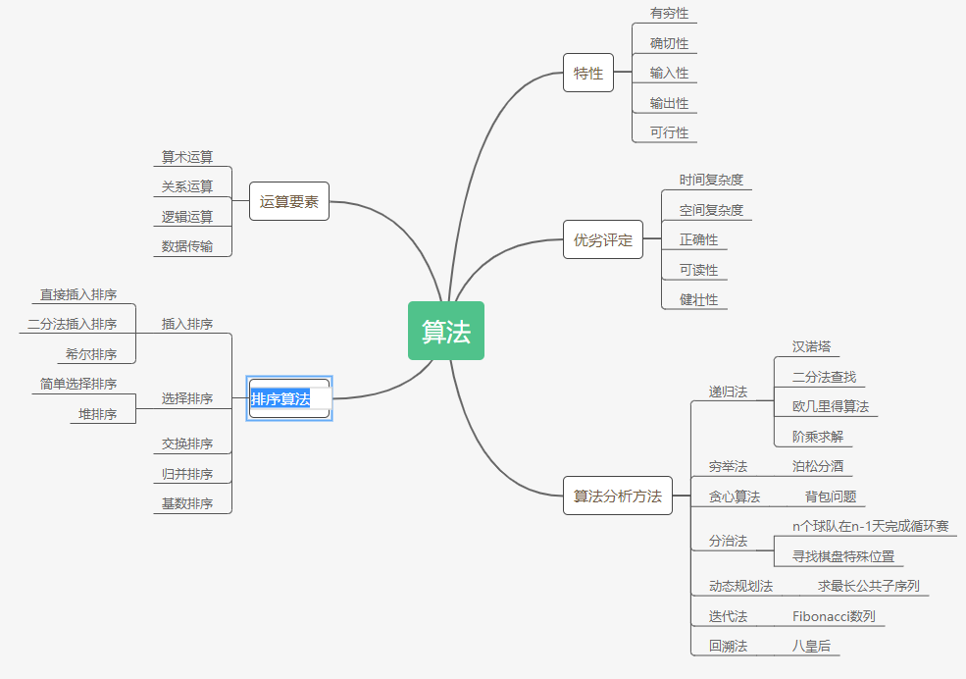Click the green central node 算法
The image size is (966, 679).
click(x=446, y=332)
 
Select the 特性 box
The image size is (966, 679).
click(x=588, y=73)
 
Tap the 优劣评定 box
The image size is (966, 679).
click(x=603, y=240)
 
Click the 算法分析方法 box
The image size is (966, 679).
click(x=617, y=496)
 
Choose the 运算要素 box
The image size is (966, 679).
click(x=289, y=201)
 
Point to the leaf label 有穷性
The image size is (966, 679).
click(x=669, y=14)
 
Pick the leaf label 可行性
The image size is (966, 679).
click(x=669, y=132)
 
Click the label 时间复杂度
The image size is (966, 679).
click(x=711, y=180)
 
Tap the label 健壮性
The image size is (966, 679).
click(x=698, y=299)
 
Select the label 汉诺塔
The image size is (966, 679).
click(x=812, y=346)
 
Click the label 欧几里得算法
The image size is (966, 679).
click(x=831, y=406)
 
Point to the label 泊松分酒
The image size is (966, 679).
click(x=818, y=466)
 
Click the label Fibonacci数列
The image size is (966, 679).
click(x=834, y=616)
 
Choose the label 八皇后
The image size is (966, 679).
click(x=811, y=646)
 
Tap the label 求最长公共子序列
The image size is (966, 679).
click(x=868, y=586)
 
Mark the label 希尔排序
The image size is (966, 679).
click(x=91, y=354)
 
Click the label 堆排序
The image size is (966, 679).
click(x=98, y=414)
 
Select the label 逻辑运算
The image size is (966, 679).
click(x=187, y=217)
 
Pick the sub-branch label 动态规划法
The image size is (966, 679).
click(x=740, y=586)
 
